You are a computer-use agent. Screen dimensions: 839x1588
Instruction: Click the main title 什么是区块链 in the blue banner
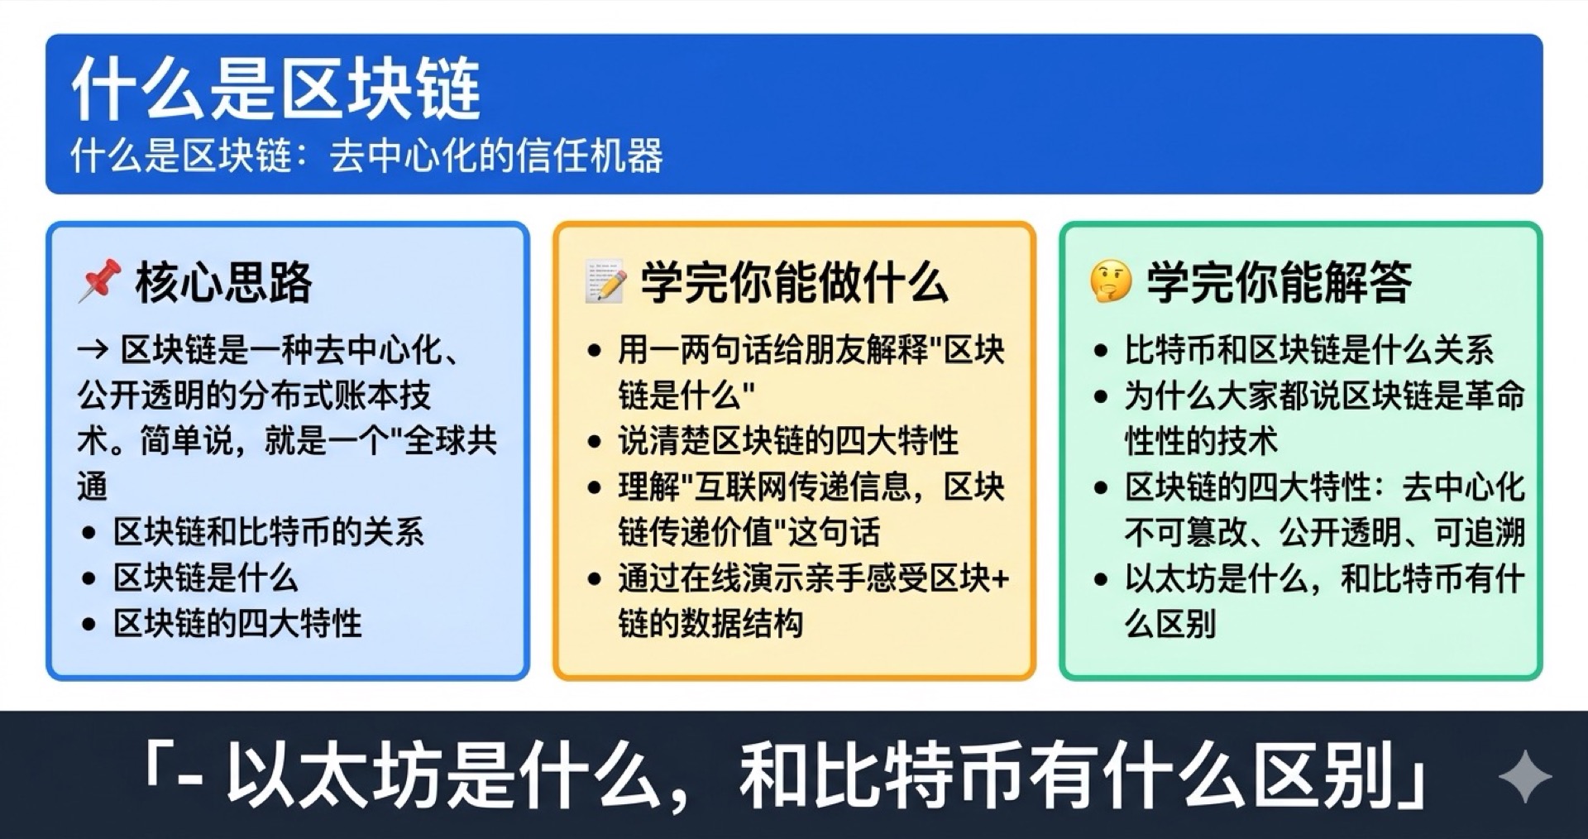276,89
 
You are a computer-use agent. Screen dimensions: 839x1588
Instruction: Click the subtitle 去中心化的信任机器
496,156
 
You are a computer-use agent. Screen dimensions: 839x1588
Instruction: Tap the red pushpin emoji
99,280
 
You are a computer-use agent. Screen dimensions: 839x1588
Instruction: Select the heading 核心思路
223,282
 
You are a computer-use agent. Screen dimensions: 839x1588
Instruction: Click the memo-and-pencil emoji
605,281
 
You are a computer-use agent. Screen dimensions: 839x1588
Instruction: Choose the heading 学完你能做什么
794,282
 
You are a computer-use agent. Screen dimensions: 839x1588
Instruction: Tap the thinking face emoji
1110,281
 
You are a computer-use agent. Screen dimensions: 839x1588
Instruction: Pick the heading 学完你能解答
1279,282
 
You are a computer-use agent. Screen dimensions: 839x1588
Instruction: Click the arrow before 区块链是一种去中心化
93,350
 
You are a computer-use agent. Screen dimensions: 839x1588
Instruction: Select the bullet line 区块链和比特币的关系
268,532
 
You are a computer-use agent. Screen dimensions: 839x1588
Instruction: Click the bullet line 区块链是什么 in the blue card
205,578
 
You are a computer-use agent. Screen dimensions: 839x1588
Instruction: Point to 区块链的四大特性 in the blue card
237,623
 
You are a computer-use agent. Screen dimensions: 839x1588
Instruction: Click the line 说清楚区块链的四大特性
787,440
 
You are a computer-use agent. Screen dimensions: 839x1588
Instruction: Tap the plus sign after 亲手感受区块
1000,578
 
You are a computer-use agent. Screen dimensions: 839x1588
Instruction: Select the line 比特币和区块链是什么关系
1308,350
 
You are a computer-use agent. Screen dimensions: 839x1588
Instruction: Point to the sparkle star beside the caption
1524,776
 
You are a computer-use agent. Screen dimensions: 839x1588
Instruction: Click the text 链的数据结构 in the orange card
710,623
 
